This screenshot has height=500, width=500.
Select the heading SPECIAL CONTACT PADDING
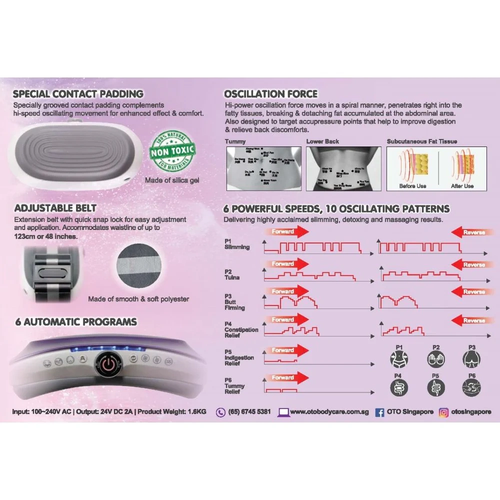pos(78,94)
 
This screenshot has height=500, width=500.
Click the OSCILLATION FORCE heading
pos(270,94)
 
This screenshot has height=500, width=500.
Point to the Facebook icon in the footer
pos(379,412)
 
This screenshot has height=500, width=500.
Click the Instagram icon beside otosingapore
pos(443,412)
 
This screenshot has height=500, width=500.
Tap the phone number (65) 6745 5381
pos(249,412)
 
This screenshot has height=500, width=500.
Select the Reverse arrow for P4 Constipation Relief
pos(467,320)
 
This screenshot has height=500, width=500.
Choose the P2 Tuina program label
pos(232,274)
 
